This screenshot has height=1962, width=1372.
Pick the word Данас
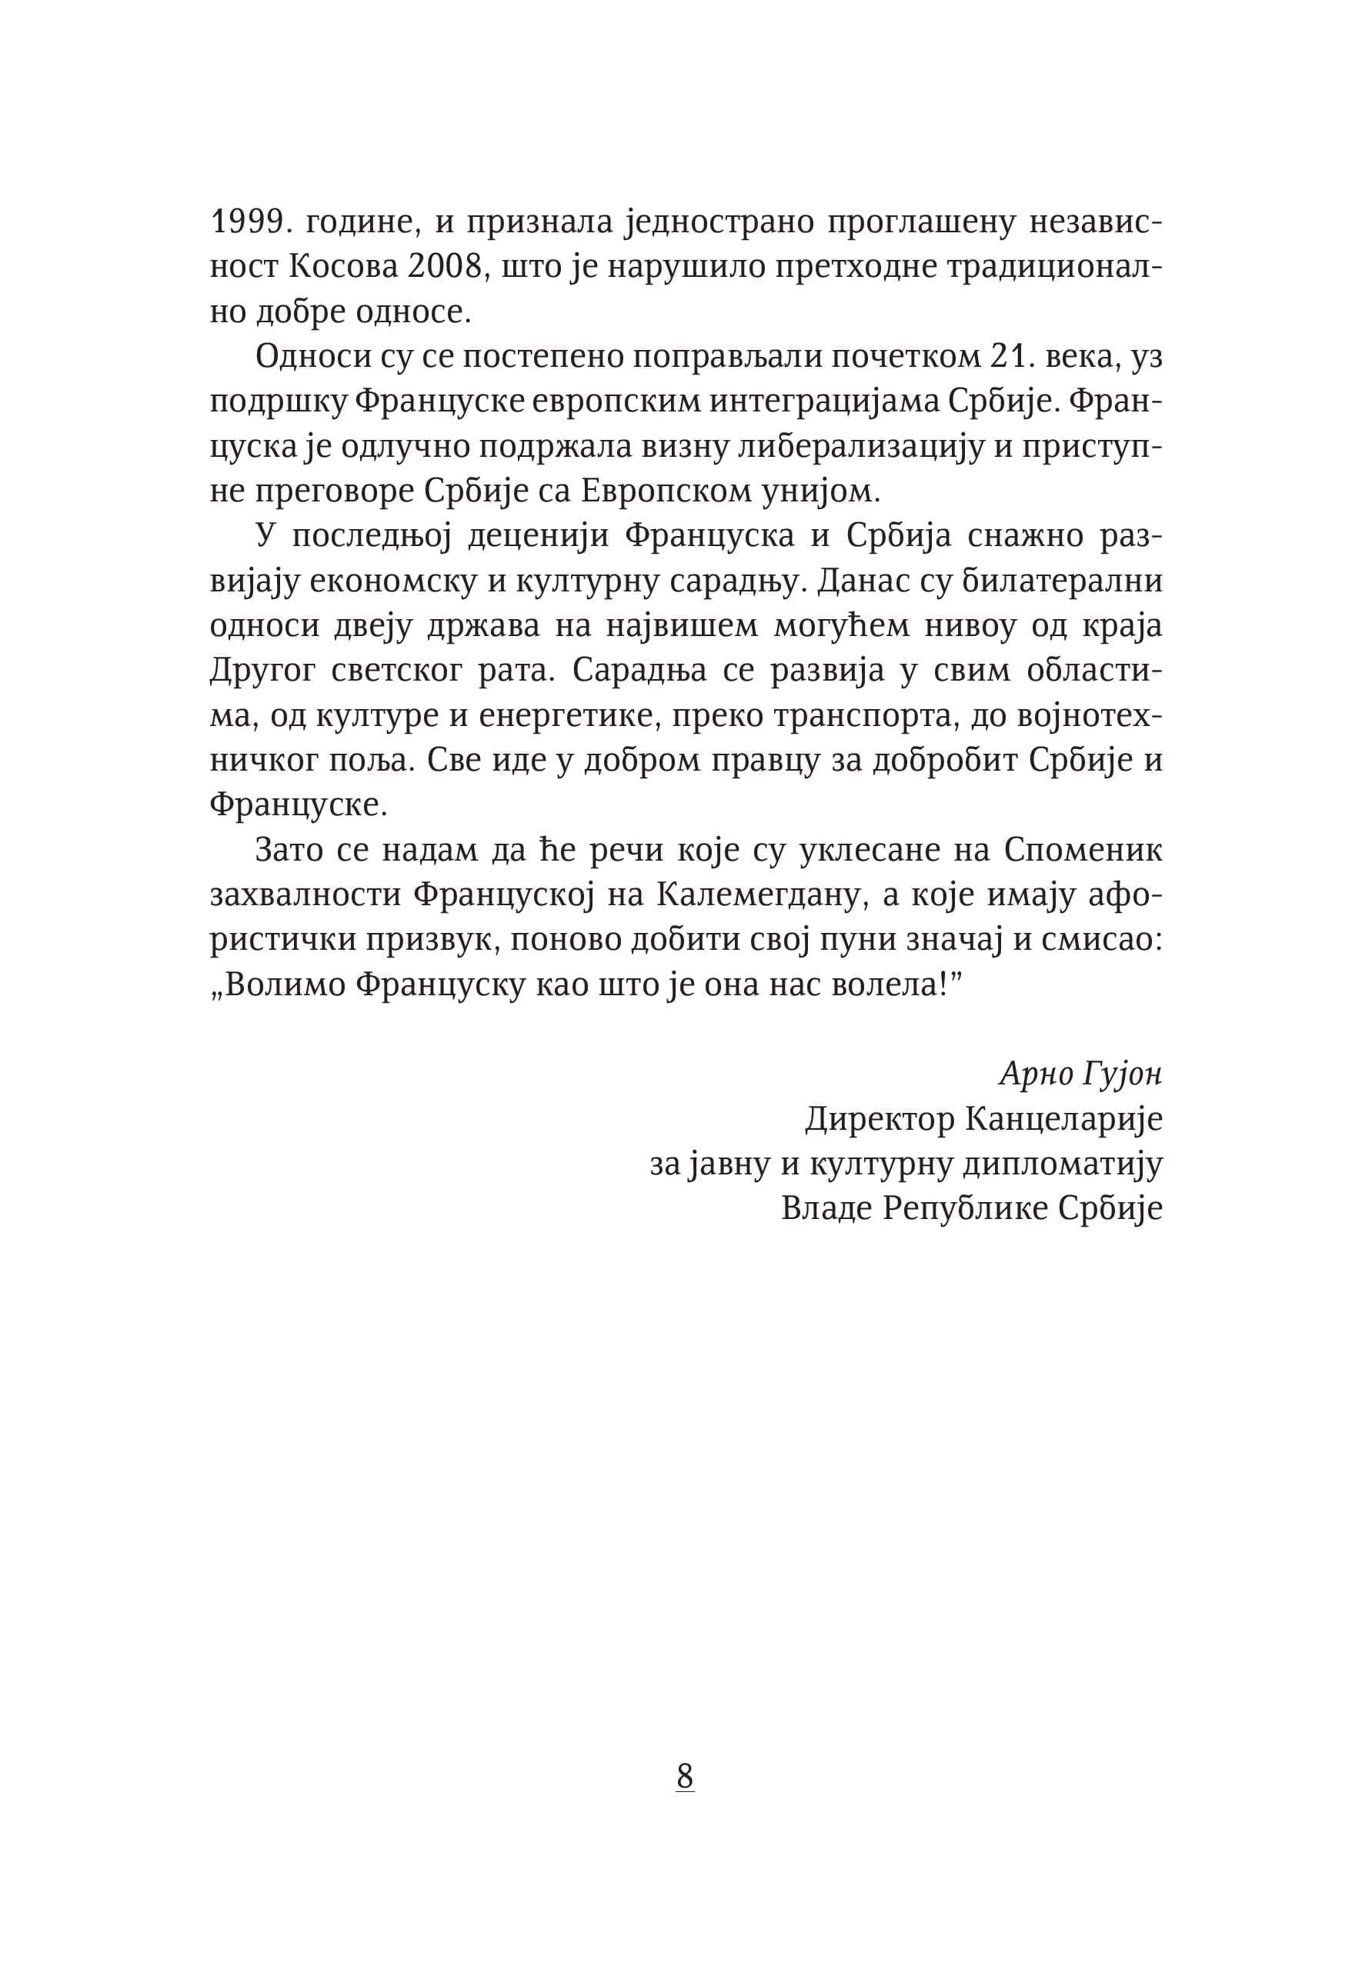(858, 581)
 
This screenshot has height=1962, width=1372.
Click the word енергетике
(568, 715)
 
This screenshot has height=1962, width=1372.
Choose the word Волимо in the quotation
(284, 984)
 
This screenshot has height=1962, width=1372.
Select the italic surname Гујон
(1122, 1074)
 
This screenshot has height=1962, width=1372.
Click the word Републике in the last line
(964, 1208)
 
